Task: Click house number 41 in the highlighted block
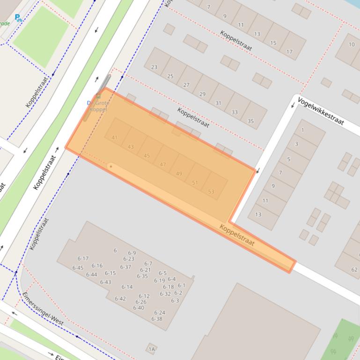point(114,137)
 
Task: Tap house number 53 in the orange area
point(211,192)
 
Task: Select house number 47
point(162,165)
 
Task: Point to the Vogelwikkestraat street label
point(321,112)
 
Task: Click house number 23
point(154,67)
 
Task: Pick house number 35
point(250,121)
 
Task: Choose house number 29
point(202,94)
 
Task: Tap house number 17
point(289,52)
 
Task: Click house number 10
point(352,45)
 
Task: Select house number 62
point(354,269)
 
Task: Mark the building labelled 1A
point(151,349)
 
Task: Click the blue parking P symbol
point(18,18)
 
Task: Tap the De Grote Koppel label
point(98,106)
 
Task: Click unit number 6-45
point(78,268)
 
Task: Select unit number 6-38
point(157,319)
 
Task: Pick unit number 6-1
point(182,285)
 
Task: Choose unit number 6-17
point(83,259)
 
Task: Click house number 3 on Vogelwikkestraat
point(296,144)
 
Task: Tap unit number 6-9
point(132,253)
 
